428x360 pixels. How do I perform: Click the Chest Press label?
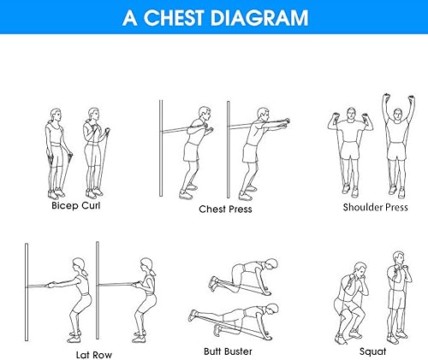coord(225,209)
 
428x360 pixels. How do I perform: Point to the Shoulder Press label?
coord(374,207)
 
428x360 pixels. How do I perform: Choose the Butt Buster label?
coord(229,350)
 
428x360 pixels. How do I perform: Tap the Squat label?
coord(373,351)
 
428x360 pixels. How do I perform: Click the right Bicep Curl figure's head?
coord(92,115)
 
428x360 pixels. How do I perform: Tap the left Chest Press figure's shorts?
coord(193,151)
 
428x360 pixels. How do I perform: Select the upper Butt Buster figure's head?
coord(271,264)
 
